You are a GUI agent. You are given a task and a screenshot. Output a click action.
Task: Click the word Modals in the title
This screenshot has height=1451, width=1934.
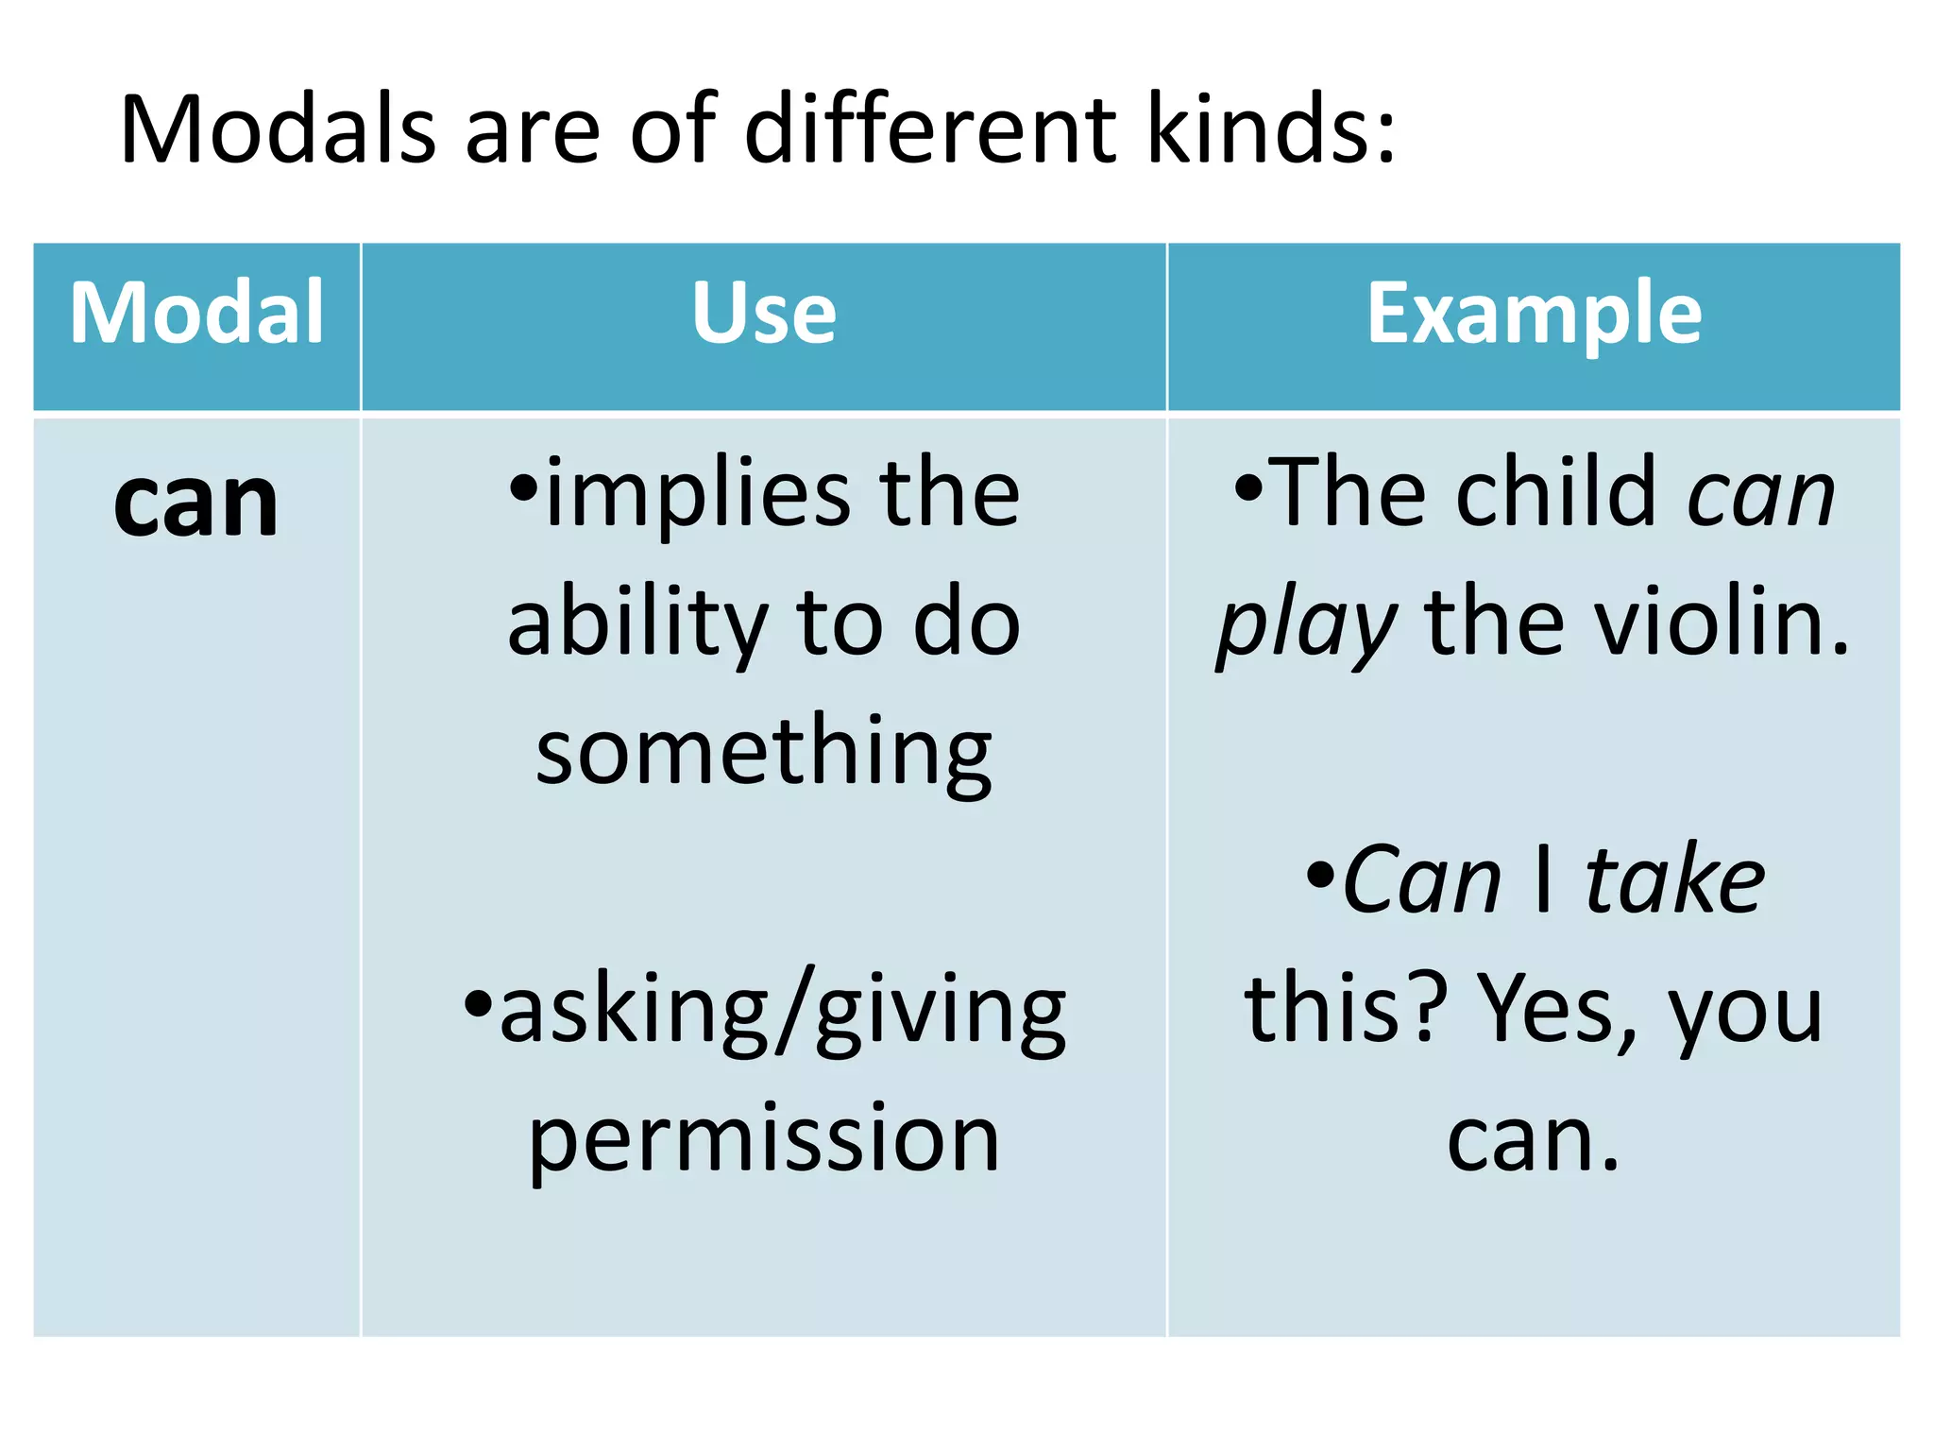coord(278,129)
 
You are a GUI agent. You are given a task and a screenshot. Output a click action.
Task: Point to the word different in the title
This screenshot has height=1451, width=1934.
coord(930,129)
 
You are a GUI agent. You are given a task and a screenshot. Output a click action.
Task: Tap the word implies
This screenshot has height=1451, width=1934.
coord(699,493)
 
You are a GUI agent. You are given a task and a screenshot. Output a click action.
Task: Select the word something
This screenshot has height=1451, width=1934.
coord(764,753)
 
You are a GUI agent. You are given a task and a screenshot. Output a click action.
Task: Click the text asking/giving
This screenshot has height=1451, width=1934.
coord(783,1012)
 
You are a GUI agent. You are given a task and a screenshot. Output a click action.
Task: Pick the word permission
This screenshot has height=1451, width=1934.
coord(764,1140)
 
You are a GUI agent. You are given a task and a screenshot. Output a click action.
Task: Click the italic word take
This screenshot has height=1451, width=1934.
coord(1674,881)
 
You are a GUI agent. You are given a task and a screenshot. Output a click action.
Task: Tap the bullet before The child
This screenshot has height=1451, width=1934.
coord(1247,487)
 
